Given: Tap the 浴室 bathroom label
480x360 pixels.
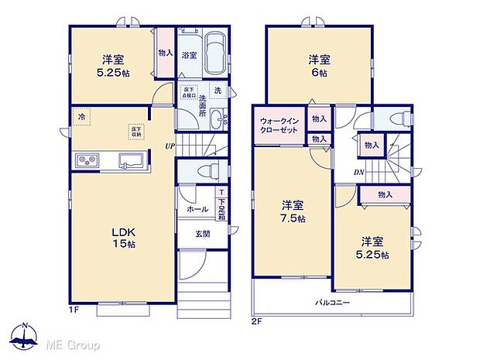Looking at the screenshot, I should (189, 56).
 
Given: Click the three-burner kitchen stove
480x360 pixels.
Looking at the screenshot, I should (87, 161).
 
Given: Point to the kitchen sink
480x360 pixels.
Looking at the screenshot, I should (129, 161).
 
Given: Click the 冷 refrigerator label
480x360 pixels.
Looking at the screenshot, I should (81, 116).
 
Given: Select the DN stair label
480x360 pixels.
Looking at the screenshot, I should (359, 172).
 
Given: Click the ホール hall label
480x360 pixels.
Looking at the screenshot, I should (197, 209).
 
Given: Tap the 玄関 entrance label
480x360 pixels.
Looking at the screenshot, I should (202, 235).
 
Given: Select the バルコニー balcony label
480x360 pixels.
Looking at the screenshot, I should (333, 301).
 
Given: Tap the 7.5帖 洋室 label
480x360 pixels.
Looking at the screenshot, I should (293, 212).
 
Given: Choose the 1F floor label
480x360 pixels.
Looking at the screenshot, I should (74, 310).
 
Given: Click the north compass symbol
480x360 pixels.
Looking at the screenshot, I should (25, 334).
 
